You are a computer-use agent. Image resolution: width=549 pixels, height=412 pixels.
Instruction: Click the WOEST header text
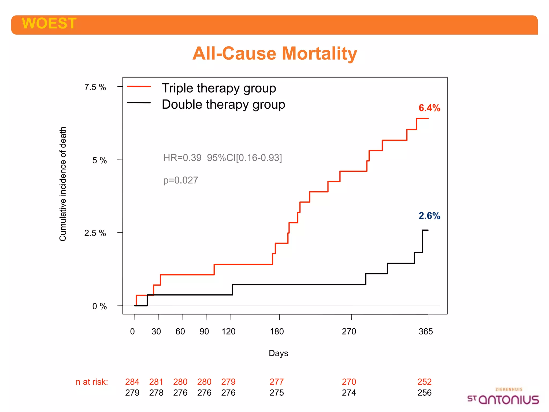point(49,23)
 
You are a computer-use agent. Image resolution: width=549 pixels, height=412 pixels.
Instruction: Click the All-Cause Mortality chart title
point(274,53)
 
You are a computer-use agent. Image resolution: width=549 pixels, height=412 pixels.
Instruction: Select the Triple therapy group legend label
point(219,88)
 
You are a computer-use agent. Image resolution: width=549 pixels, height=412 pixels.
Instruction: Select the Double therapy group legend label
point(223,104)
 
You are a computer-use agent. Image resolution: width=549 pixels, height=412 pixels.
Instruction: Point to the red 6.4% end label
point(429,108)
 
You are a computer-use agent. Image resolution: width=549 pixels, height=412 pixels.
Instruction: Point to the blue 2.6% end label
point(429,216)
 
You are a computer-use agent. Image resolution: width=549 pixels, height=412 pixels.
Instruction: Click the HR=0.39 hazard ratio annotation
point(222,158)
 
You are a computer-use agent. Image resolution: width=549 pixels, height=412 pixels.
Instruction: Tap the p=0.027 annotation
point(181,180)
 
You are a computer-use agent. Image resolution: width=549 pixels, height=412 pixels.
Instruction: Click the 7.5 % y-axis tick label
point(95,87)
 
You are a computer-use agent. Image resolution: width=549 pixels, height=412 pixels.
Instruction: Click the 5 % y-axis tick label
point(99,160)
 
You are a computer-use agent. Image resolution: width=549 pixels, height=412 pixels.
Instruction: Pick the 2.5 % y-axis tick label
point(95,233)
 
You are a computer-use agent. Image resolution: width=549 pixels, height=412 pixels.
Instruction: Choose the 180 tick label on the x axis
point(277,332)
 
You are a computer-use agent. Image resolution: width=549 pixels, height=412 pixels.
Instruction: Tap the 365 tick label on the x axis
point(426,332)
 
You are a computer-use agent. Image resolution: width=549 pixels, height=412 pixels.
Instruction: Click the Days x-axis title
point(278,353)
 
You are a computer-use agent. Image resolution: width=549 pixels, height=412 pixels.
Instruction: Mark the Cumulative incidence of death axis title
point(63,184)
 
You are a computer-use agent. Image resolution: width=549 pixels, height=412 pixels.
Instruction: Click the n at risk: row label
point(92,382)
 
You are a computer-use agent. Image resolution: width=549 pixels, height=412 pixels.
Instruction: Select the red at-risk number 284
point(132,382)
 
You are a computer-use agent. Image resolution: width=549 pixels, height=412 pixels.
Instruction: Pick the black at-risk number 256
point(424,393)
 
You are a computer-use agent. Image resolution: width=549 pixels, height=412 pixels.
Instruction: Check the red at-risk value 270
point(349,382)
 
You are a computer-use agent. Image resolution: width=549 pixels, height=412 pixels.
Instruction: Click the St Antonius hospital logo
point(503,397)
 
